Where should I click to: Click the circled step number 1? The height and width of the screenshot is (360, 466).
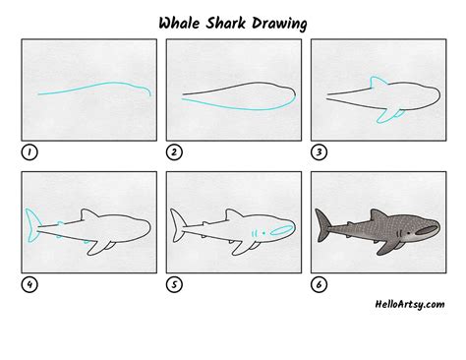(29, 152)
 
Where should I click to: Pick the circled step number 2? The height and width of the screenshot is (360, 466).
(174, 152)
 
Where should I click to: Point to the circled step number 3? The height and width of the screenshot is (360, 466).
(319, 152)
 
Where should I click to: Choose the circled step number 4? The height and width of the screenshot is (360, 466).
(29, 285)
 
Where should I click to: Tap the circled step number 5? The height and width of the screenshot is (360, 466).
(174, 285)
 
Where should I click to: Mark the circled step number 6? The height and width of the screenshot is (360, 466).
(319, 285)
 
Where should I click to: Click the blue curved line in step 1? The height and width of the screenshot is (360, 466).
(93, 91)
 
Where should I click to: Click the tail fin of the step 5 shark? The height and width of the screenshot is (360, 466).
(177, 225)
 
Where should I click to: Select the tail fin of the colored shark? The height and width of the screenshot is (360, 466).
(322, 225)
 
